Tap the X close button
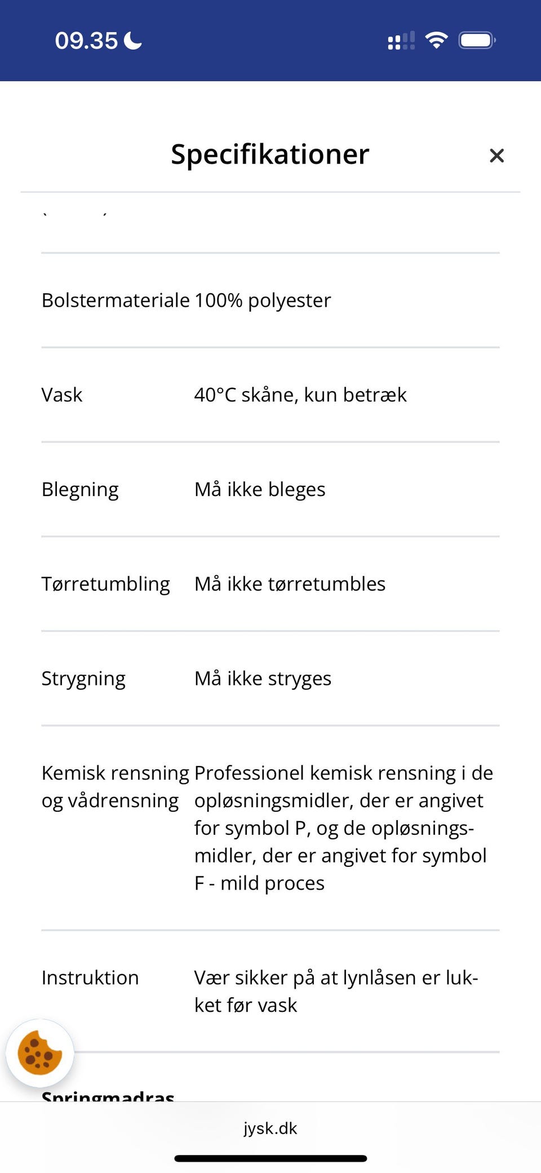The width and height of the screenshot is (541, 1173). tap(496, 156)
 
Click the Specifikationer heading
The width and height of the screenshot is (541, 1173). tap(270, 154)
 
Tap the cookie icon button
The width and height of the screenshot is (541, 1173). tap(39, 1053)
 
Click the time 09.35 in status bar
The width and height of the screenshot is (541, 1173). tap(86, 41)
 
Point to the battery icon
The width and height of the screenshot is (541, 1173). tap(477, 41)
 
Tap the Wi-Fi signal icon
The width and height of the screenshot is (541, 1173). tap(436, 40)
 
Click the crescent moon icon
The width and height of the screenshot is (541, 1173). tap(133, 41)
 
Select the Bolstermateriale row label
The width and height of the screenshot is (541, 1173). tap(116, 300)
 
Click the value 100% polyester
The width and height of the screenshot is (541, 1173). tap(263, 300)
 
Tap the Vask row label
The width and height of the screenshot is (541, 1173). tap(62, 395)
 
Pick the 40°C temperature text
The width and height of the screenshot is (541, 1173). tap(215, 395)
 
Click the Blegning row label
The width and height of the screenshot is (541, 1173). tap(80, 490)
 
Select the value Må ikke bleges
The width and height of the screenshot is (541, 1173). tap(260, 490)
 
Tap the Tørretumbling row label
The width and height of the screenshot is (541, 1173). tap(105, 584)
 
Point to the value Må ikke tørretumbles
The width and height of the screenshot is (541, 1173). tap(290, 584)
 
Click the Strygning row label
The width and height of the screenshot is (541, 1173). tap(83, 679)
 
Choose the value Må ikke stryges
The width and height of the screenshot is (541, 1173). tap(263, 679)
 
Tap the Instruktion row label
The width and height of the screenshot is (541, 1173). tap(90, 978)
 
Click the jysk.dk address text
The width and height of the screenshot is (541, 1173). tap(270, 1128)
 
